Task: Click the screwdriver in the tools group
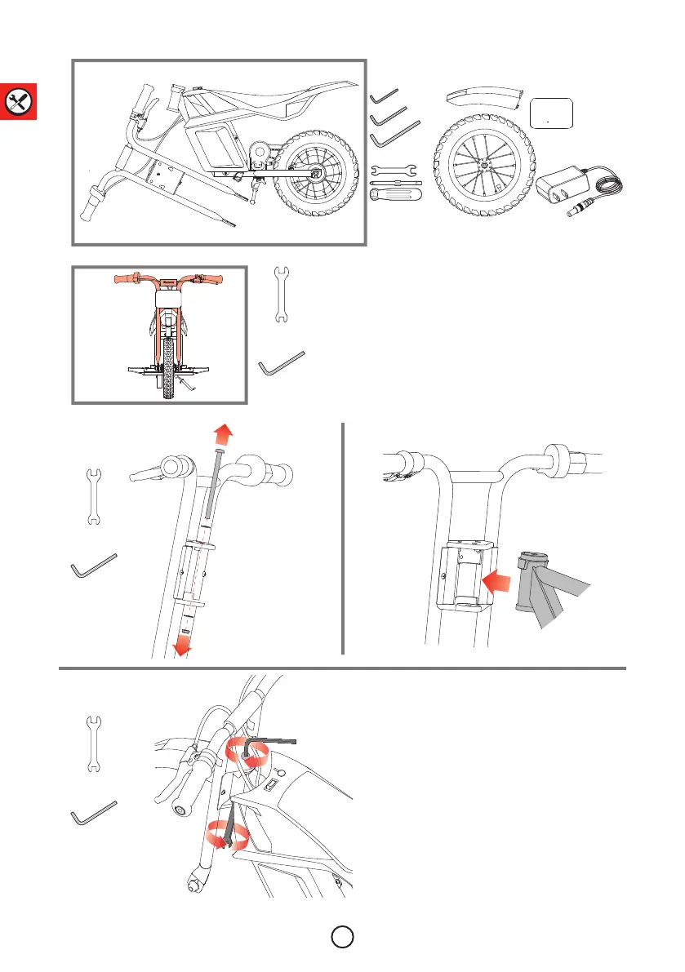396,192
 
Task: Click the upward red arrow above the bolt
218,433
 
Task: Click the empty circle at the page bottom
343,934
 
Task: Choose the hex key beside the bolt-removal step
95,566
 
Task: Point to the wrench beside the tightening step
94,744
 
